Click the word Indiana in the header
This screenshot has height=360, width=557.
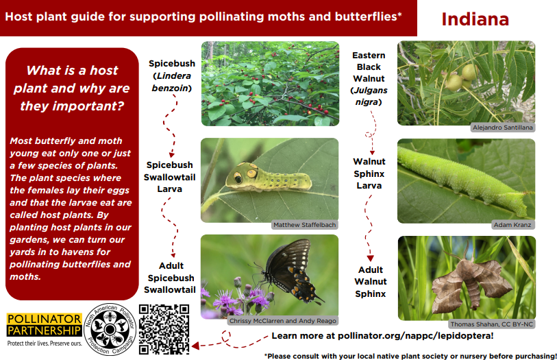click(475, 19)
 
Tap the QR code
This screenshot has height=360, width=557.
click(164, 329)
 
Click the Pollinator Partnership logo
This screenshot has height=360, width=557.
click(45, 329)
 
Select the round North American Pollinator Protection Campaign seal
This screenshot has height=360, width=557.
click(110, 329)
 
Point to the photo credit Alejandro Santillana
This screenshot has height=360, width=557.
click(502, 128)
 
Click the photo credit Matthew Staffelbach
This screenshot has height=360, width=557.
click(304, 225)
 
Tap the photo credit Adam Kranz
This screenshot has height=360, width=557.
click(512, 225)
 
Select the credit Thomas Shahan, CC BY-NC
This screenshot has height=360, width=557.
click(492, 324)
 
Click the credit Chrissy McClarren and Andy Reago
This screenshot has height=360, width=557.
click(282, 321)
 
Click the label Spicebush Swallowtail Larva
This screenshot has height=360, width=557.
click(169, 177)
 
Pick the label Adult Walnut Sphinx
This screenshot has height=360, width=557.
click(370, 282)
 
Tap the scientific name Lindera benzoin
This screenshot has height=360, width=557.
click(171, 82)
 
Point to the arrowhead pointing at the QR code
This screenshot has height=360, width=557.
click(195, 346)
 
